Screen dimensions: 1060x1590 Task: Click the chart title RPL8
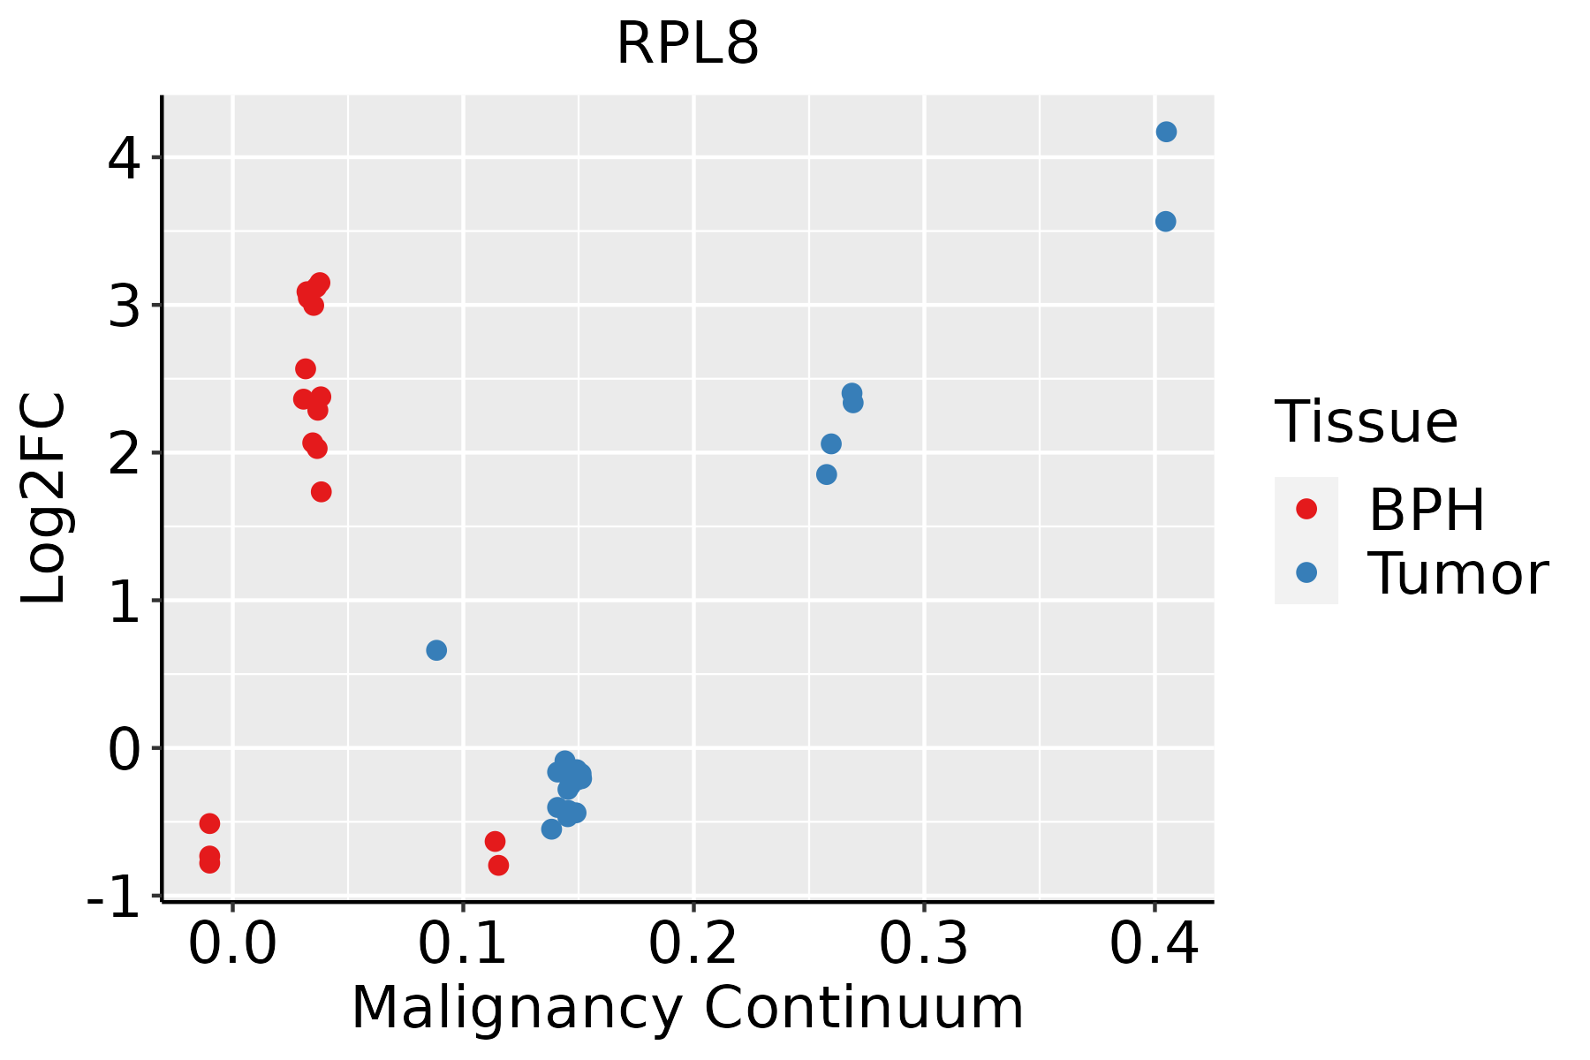coord(687,44)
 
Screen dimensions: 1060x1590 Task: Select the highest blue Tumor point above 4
coord(1166,132)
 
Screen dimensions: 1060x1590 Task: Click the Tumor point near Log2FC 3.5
coord(1165,221)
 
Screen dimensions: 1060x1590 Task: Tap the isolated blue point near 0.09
coord(436,650)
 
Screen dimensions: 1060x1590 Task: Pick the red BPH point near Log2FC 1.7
coord(322,491)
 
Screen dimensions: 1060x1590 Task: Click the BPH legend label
coord(1427,510)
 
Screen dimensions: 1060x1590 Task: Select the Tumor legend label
coord(1457,574)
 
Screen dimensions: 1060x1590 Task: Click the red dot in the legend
coord(1306,508)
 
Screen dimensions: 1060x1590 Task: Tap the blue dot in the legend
coord(1306,572)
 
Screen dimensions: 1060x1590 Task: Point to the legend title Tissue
coord(1366,422)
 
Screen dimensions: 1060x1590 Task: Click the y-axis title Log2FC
coord(44,498)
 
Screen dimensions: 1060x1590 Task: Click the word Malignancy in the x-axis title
coord(517,1008)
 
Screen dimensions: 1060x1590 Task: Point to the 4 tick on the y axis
coord(124,159)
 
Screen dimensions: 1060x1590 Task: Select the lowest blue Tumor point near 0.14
coord(552,829)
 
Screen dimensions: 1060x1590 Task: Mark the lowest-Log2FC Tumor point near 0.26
coord(827,474)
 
